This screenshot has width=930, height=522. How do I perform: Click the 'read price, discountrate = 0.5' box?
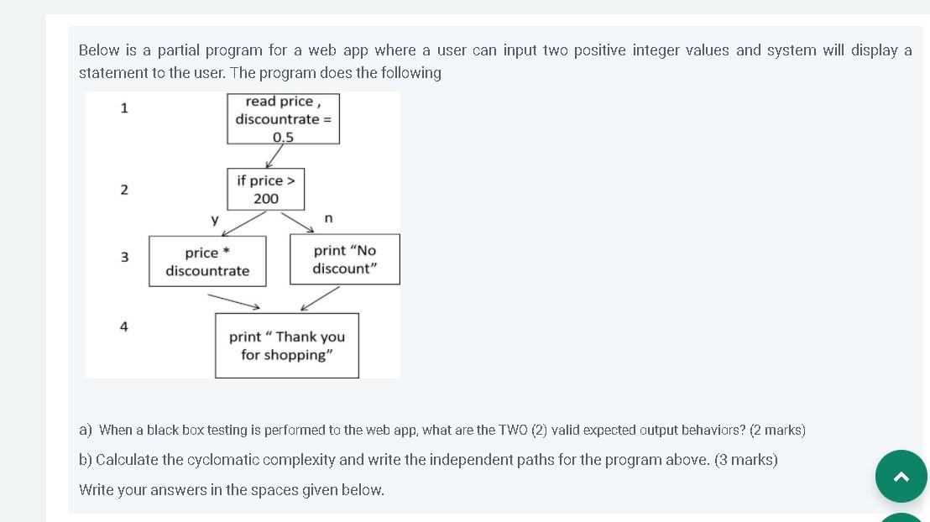(x=283, y=118)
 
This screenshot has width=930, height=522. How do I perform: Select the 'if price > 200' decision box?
(x=265, y=189)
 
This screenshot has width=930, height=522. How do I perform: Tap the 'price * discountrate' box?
(x=207, y=261)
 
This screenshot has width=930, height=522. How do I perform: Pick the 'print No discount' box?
(x=344, y=259)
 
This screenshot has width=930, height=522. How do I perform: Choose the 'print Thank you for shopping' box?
(x=286, y=346)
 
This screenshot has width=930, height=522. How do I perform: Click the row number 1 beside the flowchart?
(x=124, y=107)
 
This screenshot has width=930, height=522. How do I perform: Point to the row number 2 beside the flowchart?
(x=124, y=190)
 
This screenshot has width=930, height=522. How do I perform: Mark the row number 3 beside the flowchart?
(x=124, y=257)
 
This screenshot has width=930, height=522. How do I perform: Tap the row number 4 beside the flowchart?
(x=124, y=326)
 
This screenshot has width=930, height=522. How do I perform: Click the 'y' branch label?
(x=215, y=220)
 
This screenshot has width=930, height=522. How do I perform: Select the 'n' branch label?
(x=328, y=218)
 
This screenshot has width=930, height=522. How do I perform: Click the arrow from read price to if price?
(x=274, y=156)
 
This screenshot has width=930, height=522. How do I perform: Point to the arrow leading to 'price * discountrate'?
(x=243, y=223)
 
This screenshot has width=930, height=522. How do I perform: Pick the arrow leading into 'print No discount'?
(x=297, y=222)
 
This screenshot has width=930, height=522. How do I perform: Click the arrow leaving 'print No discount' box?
(x=320, y=298)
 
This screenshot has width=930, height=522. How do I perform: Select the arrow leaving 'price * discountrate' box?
(x=233, y=300)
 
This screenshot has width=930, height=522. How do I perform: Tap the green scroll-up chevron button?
(x=901, y=477)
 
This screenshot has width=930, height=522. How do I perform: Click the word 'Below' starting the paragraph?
(x=99, y=50)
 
